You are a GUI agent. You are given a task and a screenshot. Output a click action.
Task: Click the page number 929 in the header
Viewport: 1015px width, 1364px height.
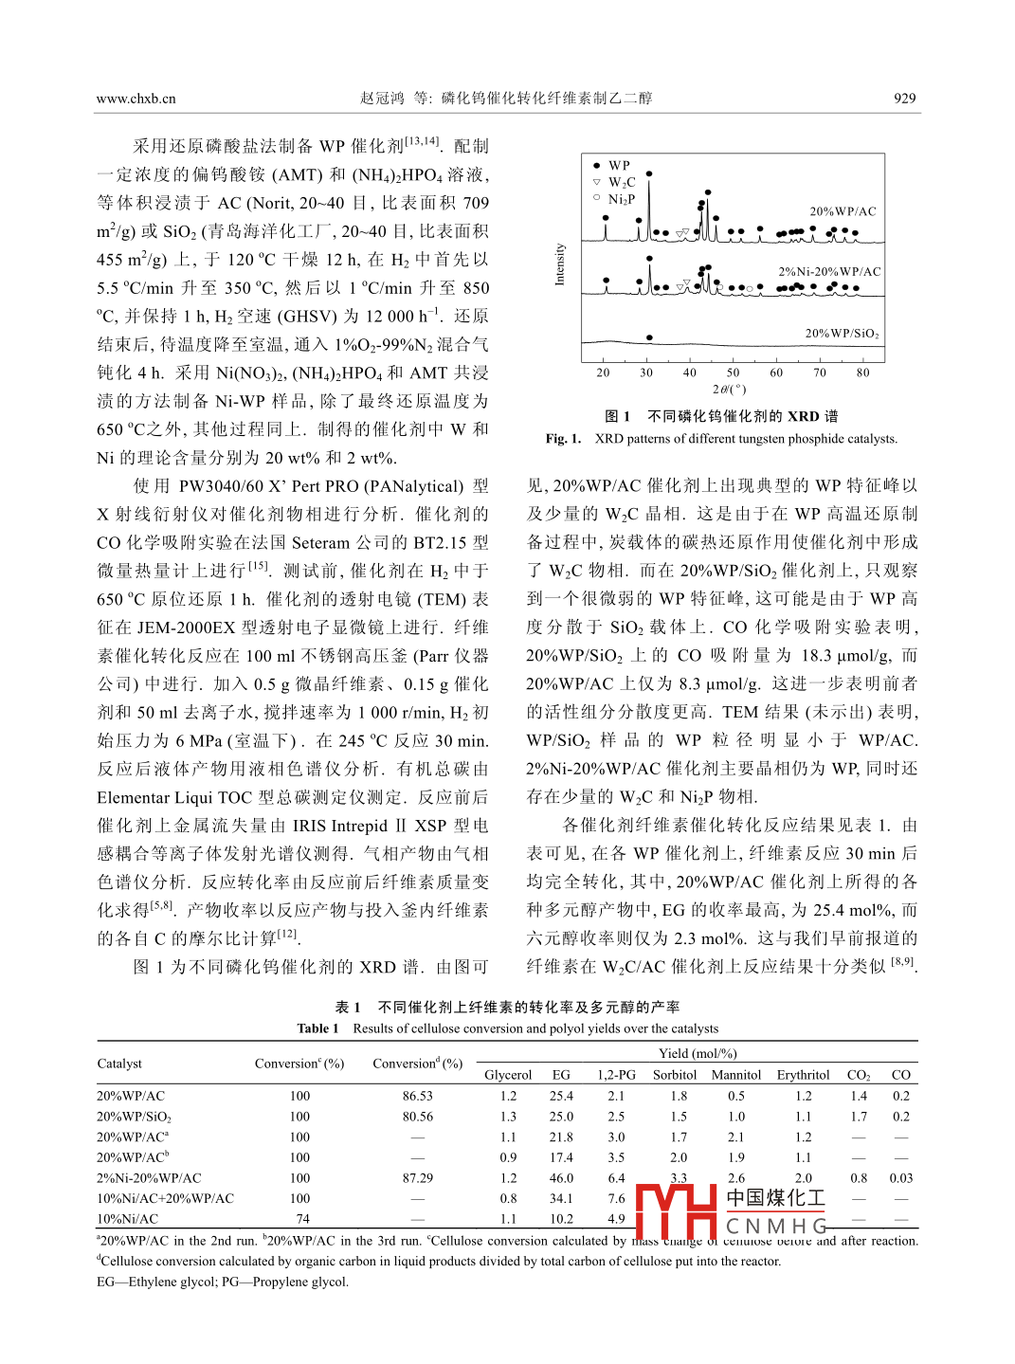point(904,98)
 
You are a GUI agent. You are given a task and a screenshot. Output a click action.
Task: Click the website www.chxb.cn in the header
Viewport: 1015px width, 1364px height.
point(136,99)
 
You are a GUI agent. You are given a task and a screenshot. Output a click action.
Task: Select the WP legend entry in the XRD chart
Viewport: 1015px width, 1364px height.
point(619,165)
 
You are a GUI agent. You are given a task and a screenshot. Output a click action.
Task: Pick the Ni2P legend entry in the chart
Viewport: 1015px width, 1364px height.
point(621,199)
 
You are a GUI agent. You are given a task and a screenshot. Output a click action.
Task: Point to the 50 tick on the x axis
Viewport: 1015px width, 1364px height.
point(733,373)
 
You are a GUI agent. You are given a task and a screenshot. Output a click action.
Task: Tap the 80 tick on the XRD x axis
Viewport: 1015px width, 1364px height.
point(862,373)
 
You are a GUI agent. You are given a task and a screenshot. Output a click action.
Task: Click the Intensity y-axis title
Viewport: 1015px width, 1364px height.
point(559,264)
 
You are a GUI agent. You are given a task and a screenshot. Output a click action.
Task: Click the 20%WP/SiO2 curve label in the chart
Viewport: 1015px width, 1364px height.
point(843,333)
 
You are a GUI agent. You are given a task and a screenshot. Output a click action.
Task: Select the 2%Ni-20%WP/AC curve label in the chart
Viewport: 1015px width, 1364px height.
point(829,271)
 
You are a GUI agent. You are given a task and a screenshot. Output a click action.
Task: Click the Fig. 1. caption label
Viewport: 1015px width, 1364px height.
point(563,438)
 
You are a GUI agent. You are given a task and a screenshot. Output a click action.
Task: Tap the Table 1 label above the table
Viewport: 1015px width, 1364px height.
point(317,1028)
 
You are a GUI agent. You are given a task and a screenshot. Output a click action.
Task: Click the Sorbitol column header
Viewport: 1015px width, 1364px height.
point(675,1075)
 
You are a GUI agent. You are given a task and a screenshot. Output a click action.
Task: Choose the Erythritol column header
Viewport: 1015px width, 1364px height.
point(803,1075)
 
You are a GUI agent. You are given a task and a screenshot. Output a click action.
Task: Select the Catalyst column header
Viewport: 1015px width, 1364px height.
point(119,1064)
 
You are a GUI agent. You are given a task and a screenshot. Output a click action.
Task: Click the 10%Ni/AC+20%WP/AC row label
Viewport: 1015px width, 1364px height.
point(165,1198)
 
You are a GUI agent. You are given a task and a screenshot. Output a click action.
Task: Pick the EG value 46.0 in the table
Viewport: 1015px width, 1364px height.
point(561,1178)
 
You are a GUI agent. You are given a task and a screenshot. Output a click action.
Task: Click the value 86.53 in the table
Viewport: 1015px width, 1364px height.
point(417,1096)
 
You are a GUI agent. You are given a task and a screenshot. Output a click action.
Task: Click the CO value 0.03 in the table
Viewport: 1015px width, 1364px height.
point(900,1178)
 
